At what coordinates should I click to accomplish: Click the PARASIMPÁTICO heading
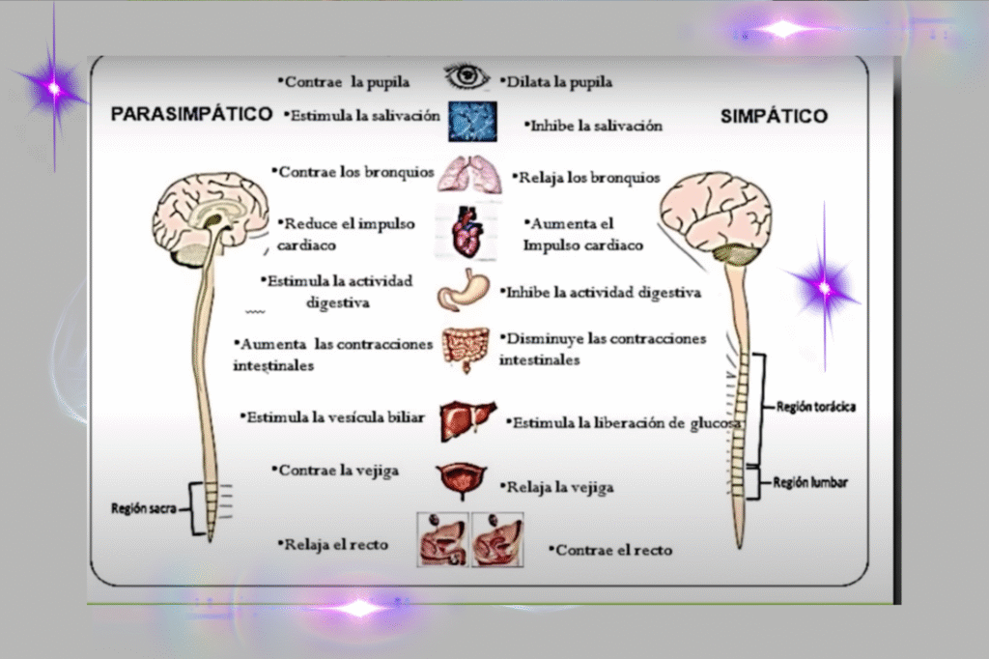click(191, 114)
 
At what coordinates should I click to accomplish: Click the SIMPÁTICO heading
click(774, 116)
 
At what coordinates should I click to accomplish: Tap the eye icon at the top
click(467, 75)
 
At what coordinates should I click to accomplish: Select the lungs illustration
click(470, 175)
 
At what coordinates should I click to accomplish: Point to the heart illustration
click(467, 233)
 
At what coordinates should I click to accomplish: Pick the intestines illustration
click(466, 348)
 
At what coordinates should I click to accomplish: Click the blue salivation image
click(471, 122)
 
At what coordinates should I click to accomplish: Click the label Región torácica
click(815, 407)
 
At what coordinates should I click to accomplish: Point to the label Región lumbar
click(810, 481)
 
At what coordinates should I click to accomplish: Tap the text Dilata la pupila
click(557, 82)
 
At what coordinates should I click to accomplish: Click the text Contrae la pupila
click(343, 82)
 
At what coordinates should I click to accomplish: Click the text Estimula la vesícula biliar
click(332, 416)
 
